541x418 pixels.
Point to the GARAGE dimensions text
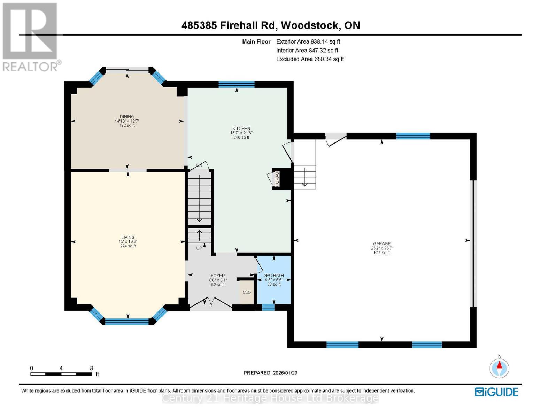pos(382,248)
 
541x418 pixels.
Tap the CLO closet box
pos(247,292)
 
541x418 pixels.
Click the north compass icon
pos(499,367)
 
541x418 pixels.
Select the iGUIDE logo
pos(496,392)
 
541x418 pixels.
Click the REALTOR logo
pos(31,37)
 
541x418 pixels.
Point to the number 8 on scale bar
pos(92,368)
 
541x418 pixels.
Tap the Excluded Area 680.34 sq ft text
pos(310,59)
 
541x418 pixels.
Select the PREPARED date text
pos(270,373)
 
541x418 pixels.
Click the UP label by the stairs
pos(199,248)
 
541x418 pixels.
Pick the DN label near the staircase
pos(199,165)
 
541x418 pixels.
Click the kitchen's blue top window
pos(237,84)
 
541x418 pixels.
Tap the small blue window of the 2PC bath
pos(268,307)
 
